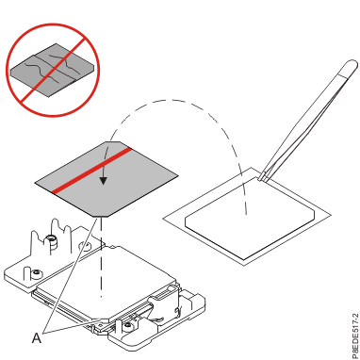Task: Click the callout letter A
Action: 37,338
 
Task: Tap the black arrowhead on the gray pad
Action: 103,181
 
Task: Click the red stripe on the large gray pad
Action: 91,171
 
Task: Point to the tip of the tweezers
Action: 261,179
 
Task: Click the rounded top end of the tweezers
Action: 352,66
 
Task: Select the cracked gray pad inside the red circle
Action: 52,70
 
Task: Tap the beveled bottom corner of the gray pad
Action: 101,216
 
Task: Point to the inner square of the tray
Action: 250,218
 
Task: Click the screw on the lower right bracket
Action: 128,327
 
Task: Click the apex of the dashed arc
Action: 170,100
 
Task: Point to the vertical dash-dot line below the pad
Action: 101,257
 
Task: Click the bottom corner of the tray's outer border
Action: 245,265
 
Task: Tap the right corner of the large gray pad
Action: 177,175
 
